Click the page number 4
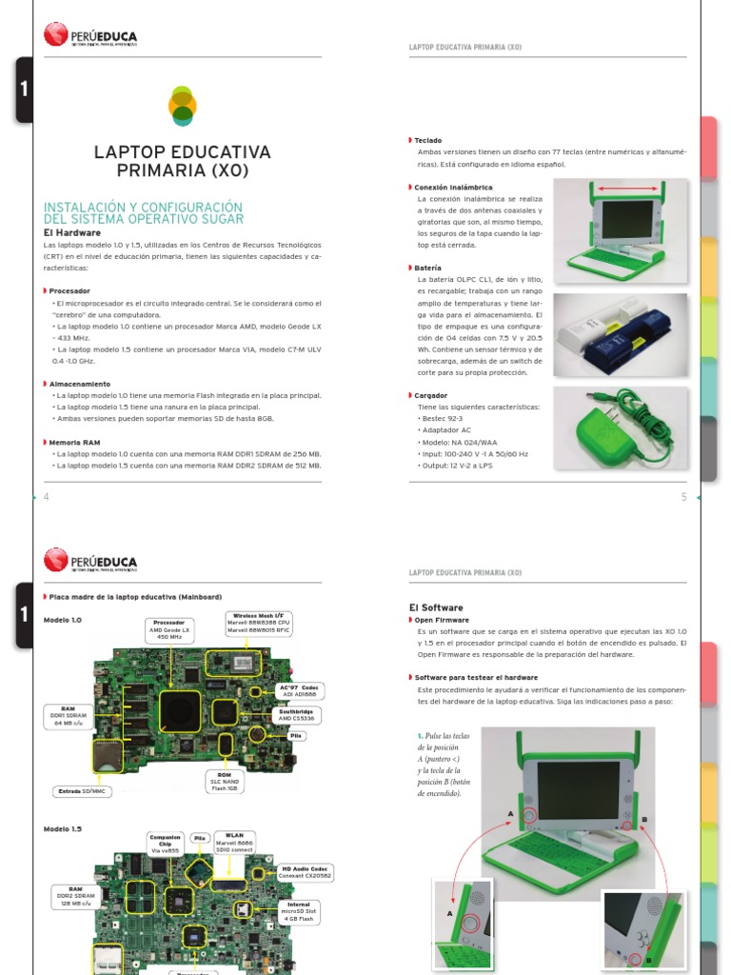[46, 498]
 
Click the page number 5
[682, 498]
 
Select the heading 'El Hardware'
[72, 231]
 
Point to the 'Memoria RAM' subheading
[75, 442]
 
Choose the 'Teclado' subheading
[427, 140]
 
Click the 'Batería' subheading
[427, 269]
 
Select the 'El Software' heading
[435, 607]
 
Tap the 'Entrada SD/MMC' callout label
[84, 791]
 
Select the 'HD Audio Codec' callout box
[306, 873]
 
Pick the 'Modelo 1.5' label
[63, 829]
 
